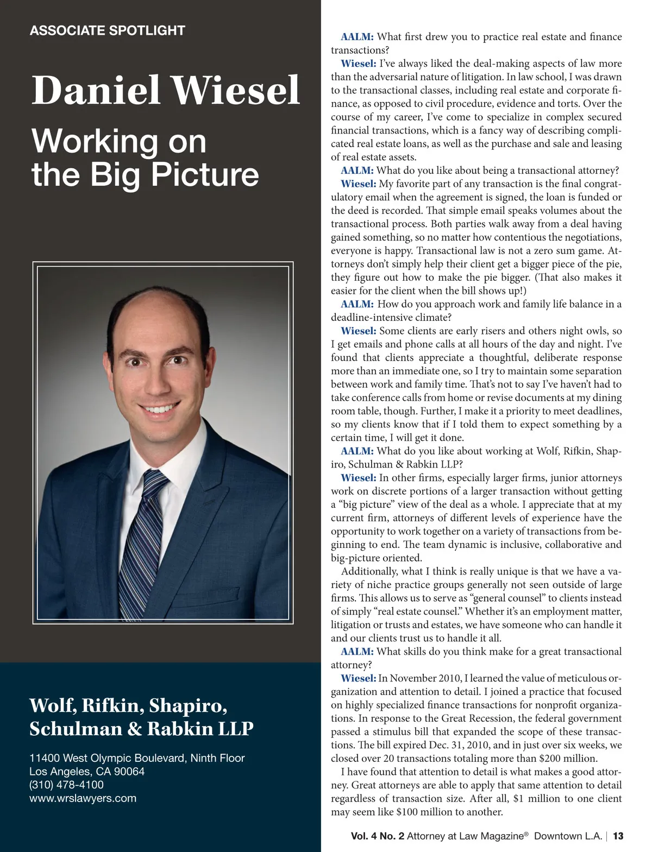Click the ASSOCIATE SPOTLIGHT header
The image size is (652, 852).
point(107,30)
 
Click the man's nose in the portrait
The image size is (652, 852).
point(156,380)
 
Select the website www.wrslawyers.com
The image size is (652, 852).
point(83,798)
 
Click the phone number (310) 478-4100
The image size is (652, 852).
point(66,785)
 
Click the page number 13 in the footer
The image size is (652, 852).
point(618,836)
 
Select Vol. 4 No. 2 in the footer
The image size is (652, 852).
point(378,836)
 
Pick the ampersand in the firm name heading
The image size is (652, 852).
point(134,729)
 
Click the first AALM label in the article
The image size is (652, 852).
point(357,37)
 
